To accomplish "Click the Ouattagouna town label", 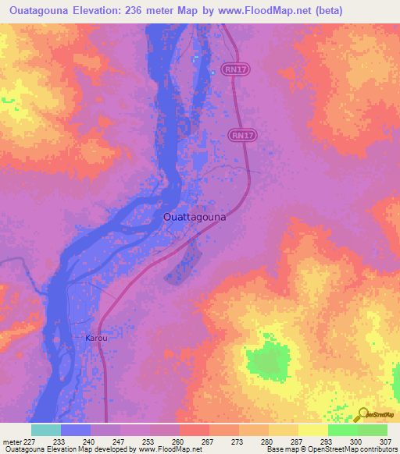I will pos(195,217).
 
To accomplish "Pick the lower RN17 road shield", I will pos(242,135).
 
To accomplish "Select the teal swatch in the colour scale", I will pos(46,430).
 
